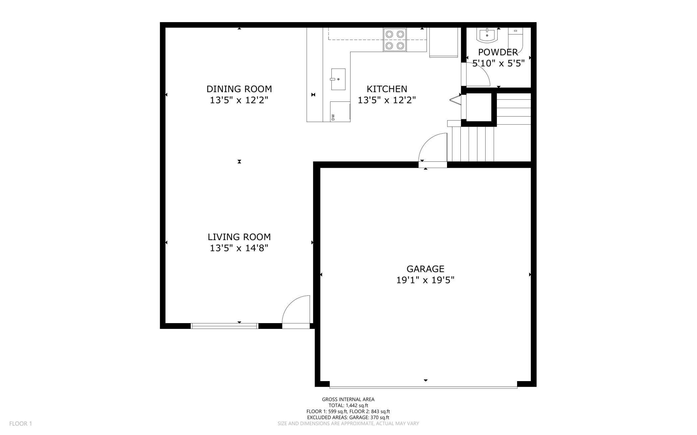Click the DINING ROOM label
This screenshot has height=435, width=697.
(x=239, y=89)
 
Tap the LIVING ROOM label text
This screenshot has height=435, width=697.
(x=239, y=237)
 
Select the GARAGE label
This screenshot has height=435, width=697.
(x=425, y=269)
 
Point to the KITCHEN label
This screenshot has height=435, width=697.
(x=387, y=89)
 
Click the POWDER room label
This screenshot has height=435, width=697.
(x=498, y=52)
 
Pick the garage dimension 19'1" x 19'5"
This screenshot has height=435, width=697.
(x=425, y=280)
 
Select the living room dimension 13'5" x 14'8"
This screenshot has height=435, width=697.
(x=239, y=248)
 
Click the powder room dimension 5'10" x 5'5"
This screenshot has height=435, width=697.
(x=498, y=63)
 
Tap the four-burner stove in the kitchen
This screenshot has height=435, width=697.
(x=395, y=40)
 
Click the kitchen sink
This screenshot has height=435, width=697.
(x=338, y=79)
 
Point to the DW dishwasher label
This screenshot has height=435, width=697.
(x=333, y=117)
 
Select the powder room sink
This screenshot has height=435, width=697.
(x=487, y=35)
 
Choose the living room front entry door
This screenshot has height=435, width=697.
(x=296, y=312)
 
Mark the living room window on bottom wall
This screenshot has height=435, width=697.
(x=224, y=326)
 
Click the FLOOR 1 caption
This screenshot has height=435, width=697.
(x=20, y=424)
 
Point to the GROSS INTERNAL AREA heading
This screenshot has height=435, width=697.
(x=348, y=399)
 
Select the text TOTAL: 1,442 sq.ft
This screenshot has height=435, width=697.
(x=348, y=405)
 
